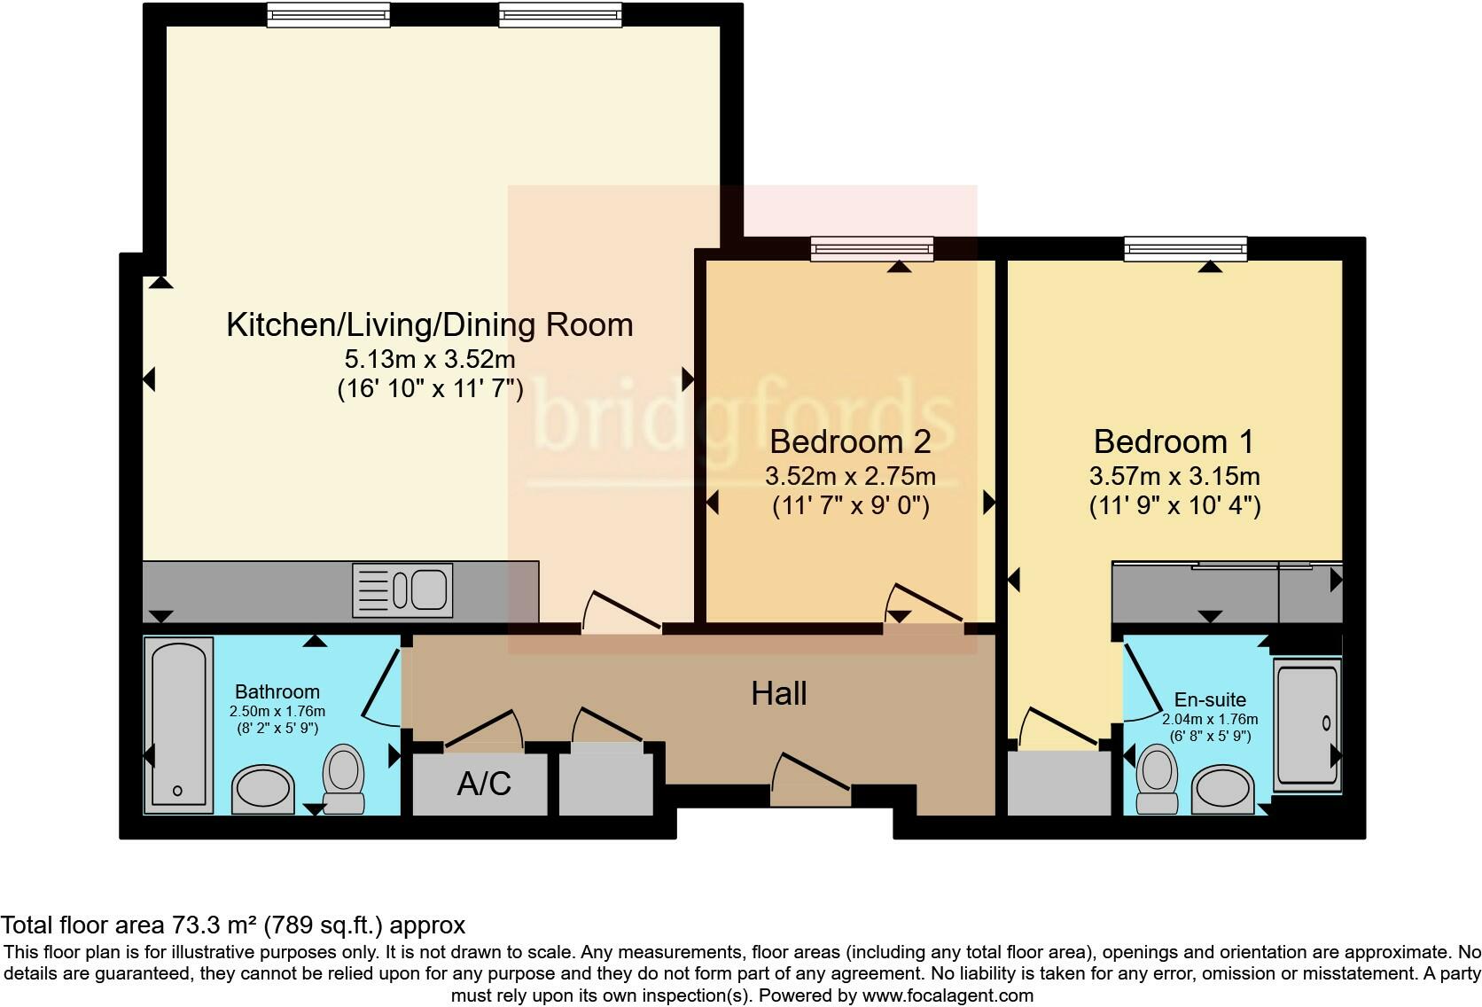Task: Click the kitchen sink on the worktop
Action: click(402, 590)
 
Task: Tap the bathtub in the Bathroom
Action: click(179, 725)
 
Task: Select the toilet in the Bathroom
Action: click(343, 778)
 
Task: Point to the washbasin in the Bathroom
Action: click(263, 789)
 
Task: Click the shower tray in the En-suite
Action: click(1307, 725)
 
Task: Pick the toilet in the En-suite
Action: click(1158, 778)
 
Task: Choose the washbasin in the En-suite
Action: click(1222, 789)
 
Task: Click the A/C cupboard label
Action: click(484, 784)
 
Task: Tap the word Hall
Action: click(779, 693)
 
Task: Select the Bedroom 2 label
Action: click(850, 441)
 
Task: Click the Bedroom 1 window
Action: click(1186, 249)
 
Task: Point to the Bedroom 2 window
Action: click(873, 249)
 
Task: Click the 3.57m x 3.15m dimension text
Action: click(1174, 476)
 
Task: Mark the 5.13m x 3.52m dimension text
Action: click(430, 359)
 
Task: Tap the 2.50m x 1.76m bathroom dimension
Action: click(277, 712)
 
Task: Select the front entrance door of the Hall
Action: click(810, 778)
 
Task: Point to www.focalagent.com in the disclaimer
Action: click(948, 995)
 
